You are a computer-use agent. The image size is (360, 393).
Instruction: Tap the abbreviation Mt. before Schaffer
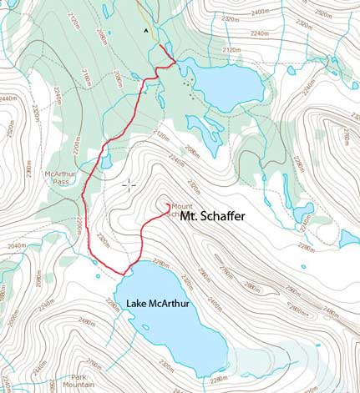pyautogui.click(x=188, y=216)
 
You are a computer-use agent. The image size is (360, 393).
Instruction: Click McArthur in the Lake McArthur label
pyautogui.click(x=170, y=304)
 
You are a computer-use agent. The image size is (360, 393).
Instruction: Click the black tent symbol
pyautogui.click(x=148, y=31)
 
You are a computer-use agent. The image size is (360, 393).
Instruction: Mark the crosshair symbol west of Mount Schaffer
pyautogui.click(x=129, y=185)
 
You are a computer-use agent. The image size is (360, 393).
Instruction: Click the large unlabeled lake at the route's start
pyautogui.click(x=226, y=82)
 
